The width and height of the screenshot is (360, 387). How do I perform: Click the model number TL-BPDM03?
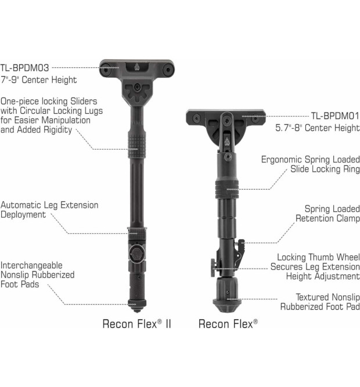coord(24,68)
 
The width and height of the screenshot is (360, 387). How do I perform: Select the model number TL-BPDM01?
coord(335,116)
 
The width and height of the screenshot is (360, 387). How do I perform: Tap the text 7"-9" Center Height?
coord(38,79)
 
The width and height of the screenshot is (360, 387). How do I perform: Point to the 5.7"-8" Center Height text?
coord(318,128)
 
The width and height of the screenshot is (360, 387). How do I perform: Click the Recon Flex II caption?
coord(137,324)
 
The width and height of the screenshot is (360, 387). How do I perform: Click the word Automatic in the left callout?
coord(21,205)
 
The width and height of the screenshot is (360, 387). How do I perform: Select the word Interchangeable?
coord(31,265)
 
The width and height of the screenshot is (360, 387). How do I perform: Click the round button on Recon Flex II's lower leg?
coord(136,253)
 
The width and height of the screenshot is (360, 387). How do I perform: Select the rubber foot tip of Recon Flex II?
coord(137,306)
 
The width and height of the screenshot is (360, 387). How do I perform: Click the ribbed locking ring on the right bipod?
coord(226,189)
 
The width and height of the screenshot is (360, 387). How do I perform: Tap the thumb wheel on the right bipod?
coord(213,268)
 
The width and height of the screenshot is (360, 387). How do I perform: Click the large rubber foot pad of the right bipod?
coord(227,295)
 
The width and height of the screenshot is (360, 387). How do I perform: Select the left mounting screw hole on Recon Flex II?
coord(106,69)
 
